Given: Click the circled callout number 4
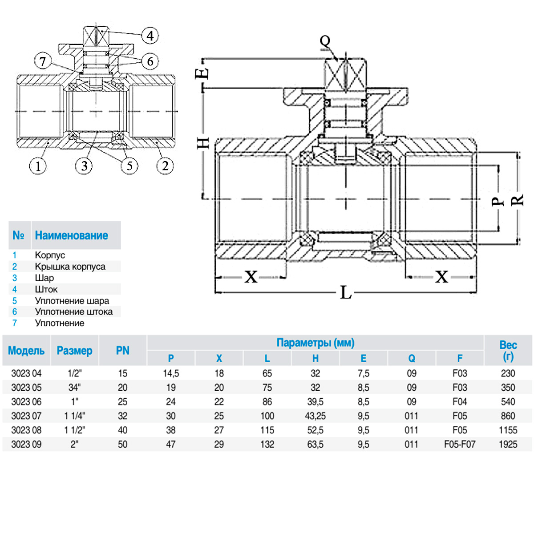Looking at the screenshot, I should [150, 36].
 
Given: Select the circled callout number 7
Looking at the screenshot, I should [43, 61].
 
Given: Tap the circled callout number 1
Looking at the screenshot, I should [38, 166].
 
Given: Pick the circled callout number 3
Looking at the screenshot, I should [84, 166].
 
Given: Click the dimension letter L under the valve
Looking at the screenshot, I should [346, 292].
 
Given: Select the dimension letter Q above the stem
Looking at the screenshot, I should [325, 41].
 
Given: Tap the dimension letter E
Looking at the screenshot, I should [202, 73].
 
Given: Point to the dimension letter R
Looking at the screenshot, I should [518, 200].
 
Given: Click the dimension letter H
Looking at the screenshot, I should [203, 143].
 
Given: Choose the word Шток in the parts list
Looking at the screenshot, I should [46, 289].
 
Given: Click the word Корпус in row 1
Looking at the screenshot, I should [50, 255].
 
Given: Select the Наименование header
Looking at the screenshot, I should [71, 235].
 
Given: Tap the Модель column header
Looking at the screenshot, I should [26, 351].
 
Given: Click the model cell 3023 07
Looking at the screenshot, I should [26, 416].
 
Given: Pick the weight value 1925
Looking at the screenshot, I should [508, 444].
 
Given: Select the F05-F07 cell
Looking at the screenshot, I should [460, 444].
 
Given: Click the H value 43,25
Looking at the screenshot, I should [316, 416].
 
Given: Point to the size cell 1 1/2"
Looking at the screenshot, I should [74, 430].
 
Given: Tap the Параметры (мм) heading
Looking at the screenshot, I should [316, 343].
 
